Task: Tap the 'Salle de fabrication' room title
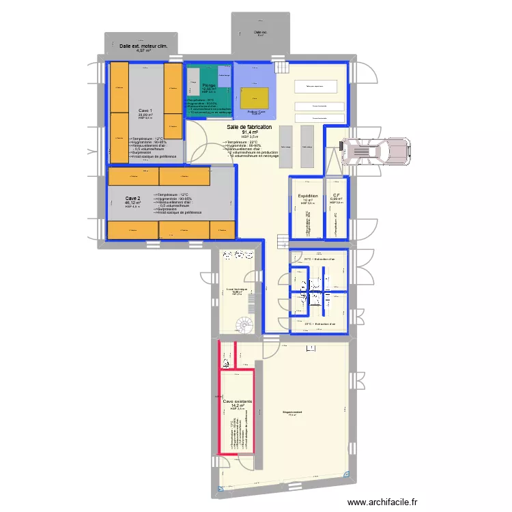pyautogui.click(x=249, y=127)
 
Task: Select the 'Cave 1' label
pyautogui.click(x=145, y=110)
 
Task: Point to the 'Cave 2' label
pyautogui.click(x=132, y=198)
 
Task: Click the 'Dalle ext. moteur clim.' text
pyautogui.click(x=143, y=46)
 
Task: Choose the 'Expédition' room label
pyautogui.click(x=308, y=195)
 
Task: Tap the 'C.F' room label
pyautogui.click(x=337, y=195)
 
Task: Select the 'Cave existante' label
pyautogui.click(x=238, y=401)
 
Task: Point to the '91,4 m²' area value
pyautogui.click(x=249, y=132)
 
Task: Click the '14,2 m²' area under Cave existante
pyautogui.click(x=238, y=406)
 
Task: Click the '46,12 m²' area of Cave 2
pyautogui.click(x=132, y=203)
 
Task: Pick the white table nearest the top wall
pyautogui.click(x=319, y=86)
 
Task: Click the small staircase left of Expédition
pyautogui.click(x=283, y=242)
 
